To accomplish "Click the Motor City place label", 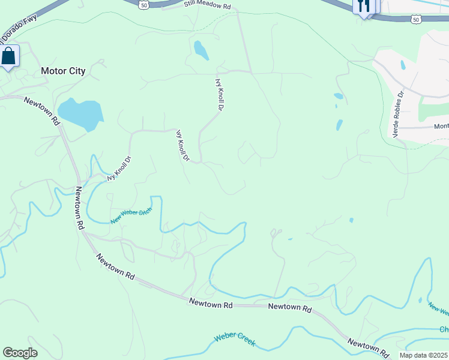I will coord(63,71).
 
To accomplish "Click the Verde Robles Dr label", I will coord(399,115).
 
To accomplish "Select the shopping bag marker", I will coord(8,56).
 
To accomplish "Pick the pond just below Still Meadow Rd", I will coord(200,50).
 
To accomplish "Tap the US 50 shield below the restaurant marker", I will coord(416,20).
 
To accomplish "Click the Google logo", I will coord(20,353).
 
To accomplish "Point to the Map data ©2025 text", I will coord(424,355).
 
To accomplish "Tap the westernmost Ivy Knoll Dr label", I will coord(119,169).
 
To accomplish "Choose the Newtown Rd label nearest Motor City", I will coord(43,110).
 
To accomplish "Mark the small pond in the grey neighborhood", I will coord(402,64).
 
